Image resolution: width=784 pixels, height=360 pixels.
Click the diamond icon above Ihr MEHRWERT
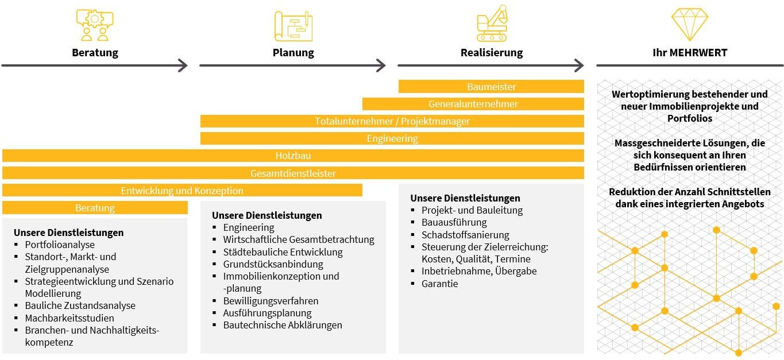click(x=689, y=24)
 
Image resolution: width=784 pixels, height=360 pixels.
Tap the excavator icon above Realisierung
click(x=492, y=24)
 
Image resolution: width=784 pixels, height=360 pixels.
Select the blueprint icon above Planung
click(x=293, y=26)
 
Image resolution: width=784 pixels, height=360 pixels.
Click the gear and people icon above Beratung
click(x=95, y=25)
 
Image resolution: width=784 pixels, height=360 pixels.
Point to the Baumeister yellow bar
click(x=491, y=87)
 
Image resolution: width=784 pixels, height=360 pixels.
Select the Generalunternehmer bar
click(x=473, y=104)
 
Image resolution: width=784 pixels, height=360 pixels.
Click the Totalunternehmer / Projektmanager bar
click(x=392, y=121)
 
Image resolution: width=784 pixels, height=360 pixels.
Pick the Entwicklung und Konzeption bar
click(x=182, y=191)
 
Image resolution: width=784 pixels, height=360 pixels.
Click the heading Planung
click(x=293, y=53)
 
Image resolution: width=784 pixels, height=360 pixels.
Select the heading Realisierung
click(x=492, y=53)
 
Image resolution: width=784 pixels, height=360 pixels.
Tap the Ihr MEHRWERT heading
click(x=690, y=53)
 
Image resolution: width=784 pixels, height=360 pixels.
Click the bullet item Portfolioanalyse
click(x=60, y=245)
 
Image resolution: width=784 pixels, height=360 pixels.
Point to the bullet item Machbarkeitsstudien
click(x=69, y=318)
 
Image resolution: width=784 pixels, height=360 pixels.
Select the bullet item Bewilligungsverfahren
click(x=271, y=301)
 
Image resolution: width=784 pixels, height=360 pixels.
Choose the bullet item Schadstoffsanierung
click(x=465, y=235)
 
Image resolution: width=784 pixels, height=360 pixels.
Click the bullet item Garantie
click(x=439, y=284)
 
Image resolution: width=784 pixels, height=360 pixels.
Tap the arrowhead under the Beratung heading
click(x=183, y=65)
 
